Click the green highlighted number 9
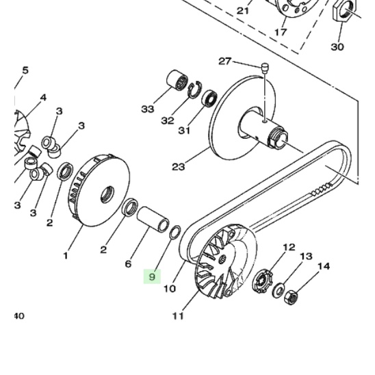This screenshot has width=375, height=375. [x=152, y=276]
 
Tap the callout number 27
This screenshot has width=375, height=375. [x=225, y=62]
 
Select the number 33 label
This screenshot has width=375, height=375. [x=148, y=109]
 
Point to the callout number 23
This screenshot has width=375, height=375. [x=179, y=166]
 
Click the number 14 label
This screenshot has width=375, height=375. [x=324, y=266]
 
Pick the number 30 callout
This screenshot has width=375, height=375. [x=337, y=47]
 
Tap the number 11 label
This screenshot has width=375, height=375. [x=178, y=316]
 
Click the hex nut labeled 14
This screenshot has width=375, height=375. [x=291, y=297]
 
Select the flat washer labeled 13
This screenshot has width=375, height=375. [x=279, y=290]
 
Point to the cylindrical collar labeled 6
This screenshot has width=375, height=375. [x=153, y=219]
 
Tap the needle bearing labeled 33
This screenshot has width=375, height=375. [x=177, y=81]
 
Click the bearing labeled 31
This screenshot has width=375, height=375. [x=209, y=98]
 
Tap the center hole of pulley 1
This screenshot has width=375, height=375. [x=107, y=194]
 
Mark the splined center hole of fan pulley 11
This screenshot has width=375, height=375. [x=223, y=259]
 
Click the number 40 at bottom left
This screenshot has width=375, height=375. [x=19, y=316]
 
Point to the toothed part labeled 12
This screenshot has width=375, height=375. [x=263, y=281]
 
